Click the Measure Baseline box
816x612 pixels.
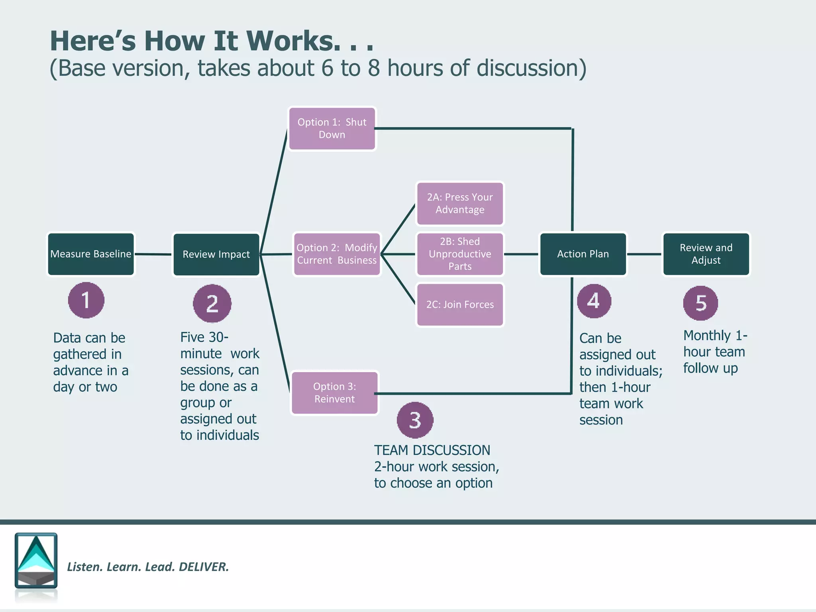pyautogui.click(x=91, y=254)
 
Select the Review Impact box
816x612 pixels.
pyautogui.click(x=216, y=254)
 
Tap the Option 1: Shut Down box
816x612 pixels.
pyautogui.click(x=332, y=128)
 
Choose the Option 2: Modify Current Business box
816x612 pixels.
pyautogui.click(x=337, y=254)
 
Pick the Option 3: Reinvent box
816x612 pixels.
pyautogui.click(x=334, y=393)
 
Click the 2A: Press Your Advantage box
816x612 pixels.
pyautogui.click(x=460, y=204)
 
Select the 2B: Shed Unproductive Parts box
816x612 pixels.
pyautogui.click(x=460, y=254)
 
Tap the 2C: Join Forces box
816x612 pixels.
pyautogui.click(x=460, y=305)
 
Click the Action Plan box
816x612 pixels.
pyautogui.click(x=583, y=254)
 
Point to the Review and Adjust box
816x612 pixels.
pyautogui.click(x=706, y=254)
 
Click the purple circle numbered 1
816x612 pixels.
pyautogui.click(x=86, y=300)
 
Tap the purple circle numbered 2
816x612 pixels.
pyautogui.click(x=212, y=303)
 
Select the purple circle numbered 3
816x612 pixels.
pyautogui.click(x=415, y=420)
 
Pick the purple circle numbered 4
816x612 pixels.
pyautogui.click(x=594, y=301)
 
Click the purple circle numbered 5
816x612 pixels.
pyautogui.click(x=700, y=303)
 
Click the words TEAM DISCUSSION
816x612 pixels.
pyautogui.click(x=432, y=450)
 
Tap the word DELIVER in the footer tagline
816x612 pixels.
pyautogui.click(x=204, y=567)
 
